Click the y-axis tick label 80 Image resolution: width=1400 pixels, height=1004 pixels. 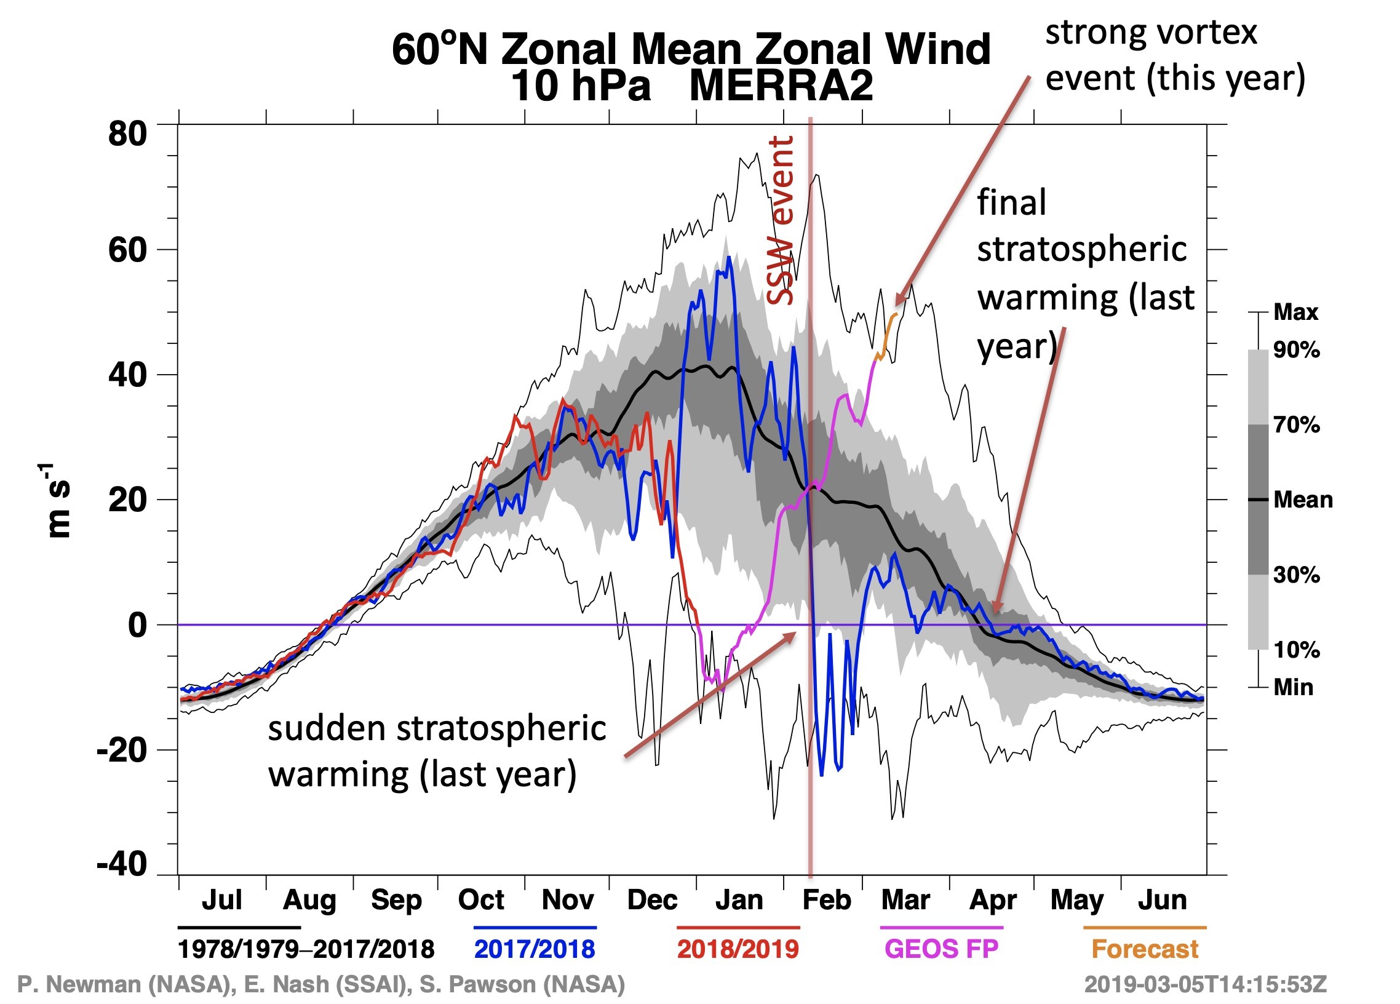click(x=127, y=133)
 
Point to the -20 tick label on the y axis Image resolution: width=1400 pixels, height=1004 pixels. click(x=122, y=750)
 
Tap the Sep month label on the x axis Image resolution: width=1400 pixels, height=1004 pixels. click(x=396, y=899)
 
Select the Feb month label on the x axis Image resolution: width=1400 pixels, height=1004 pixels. click(x=826, y=899)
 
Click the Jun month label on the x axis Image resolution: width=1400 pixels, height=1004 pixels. click(x=1163, y=899)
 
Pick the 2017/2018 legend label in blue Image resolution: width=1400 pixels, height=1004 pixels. click(x=535, y=949)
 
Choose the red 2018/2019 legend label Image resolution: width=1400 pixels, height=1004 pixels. click(x=738, y=949)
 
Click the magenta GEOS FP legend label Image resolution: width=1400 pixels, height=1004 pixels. click(x=941, y=949)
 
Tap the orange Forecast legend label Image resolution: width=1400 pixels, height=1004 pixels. click(x=1145, y=949)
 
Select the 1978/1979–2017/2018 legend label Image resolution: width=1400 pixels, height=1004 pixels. click(x=306, y=949)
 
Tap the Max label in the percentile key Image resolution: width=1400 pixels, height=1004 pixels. click(x=1295, y=313)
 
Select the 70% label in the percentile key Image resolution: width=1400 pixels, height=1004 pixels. click(x=1296, y=425)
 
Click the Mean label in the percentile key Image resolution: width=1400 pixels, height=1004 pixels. click(x=1303, y=500)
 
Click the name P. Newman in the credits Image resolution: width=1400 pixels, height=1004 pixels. click(x=80, y=984)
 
